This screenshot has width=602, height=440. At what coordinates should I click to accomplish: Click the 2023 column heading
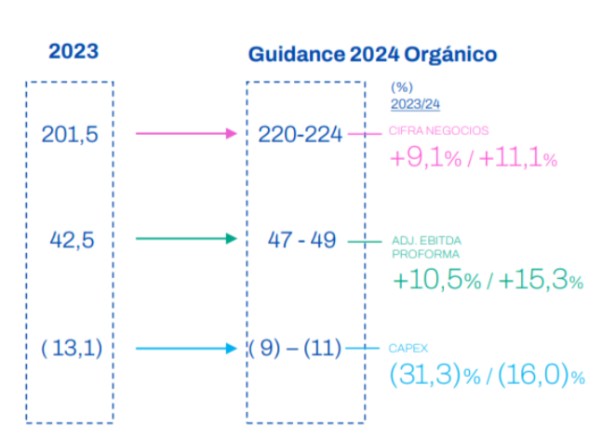pyautogui.click(x=74, y=51)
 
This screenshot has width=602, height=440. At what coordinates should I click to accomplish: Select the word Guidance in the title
pyautogui.click(x=297, y=54)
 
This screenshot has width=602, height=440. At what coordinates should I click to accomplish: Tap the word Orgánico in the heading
pyautogui.click(x=450, y=55)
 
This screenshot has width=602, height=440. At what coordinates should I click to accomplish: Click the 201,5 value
pyautogui.click(x=70, y=134)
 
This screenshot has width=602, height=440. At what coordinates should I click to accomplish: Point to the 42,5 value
pyautogui.click(x=72, y=240)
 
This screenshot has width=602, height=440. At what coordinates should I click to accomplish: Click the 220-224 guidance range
pyautogui.click(x=301, y=134)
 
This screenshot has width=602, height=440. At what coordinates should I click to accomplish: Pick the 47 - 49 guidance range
pyautogui.click(x=301, y=240)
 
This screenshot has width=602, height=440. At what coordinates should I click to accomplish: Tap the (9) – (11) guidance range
pyautogui.click(x=295, y=348)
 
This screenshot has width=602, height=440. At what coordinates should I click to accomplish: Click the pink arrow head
pyautogui.click(x=232, y=134)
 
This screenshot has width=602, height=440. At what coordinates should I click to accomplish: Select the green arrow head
pyautogui.click(x=232, y=239)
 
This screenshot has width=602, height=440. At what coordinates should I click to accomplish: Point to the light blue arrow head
pyautogui.click(x=232, y=349)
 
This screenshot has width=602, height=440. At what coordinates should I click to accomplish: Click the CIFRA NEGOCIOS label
pyautogui.click(x=438, y=131)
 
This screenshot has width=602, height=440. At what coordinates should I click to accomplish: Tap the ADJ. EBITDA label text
pyautogui.click(x=426, y=241)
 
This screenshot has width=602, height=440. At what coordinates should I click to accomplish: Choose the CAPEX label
pyautogui.click(x=408, y=348)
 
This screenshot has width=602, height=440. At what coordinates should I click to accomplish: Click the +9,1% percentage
pyautogui.click(x=425, y=157)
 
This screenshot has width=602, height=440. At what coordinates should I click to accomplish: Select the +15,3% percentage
pyautogui.click(x=542, y=279)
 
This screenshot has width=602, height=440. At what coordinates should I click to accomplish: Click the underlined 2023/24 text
pyautogui.click(x=415, y=104)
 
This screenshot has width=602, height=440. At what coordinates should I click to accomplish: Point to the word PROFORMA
pyautogui.click(x=425, y=254)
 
